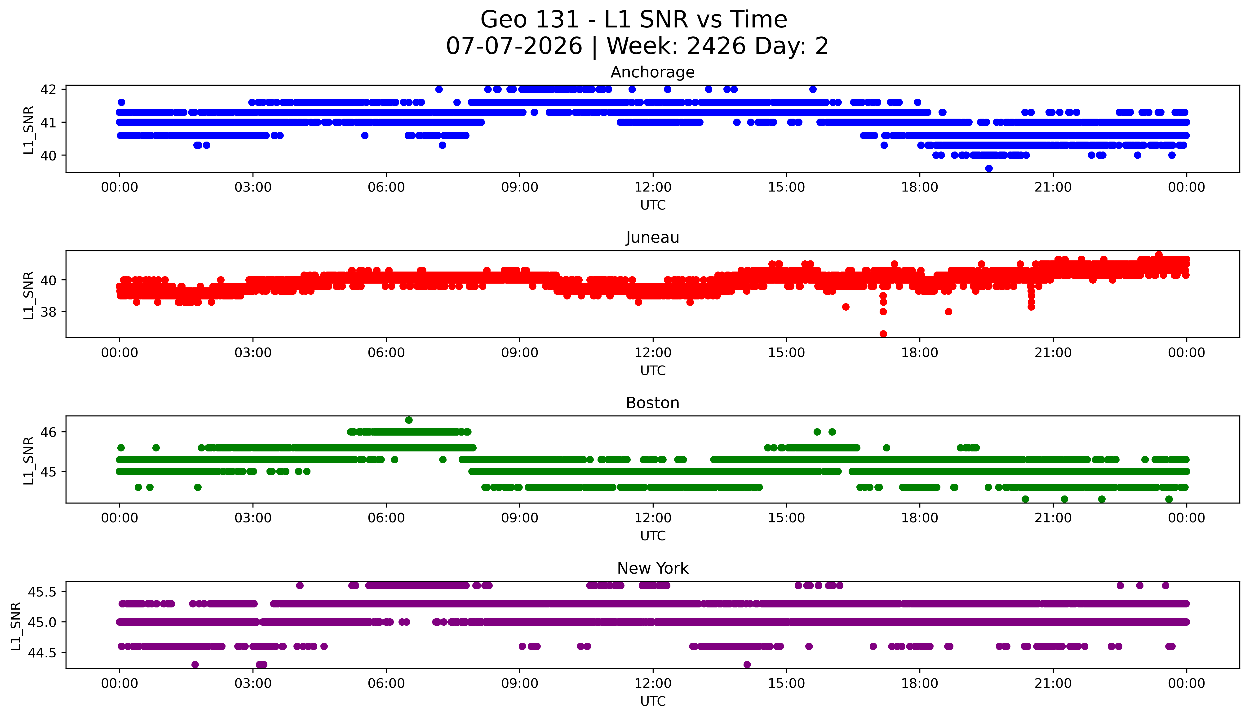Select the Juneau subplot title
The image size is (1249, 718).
point(653,238)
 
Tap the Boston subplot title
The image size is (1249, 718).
point(653,403)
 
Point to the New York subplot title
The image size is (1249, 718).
point(653,569)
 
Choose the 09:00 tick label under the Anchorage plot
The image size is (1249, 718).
point(519,187)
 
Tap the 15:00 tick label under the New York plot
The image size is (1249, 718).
point(786,683)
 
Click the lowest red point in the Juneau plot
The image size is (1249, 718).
point(883,334)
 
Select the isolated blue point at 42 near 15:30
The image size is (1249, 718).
point(813,89)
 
